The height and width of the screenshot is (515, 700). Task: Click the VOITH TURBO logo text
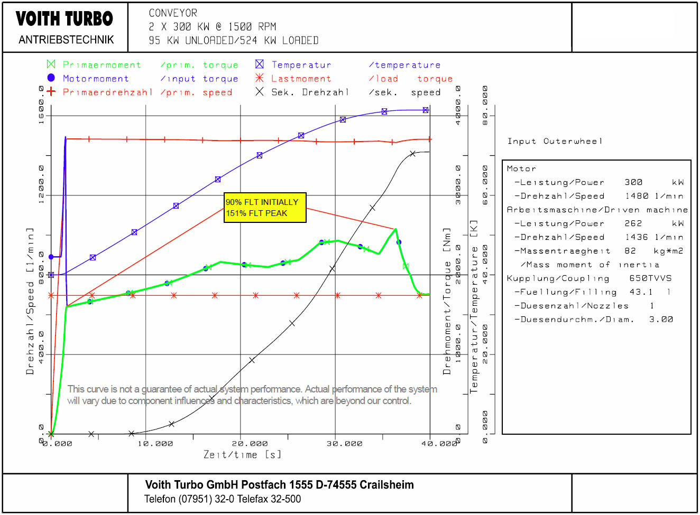(65, 19)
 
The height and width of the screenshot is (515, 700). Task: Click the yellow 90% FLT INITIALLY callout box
(265, 208)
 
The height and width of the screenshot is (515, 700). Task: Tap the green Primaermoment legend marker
(51, 64)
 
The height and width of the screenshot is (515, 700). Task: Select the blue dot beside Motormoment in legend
(51, 78)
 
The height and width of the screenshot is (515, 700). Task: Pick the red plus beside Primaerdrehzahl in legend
(51, 91)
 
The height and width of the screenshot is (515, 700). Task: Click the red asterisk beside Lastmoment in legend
(259, 78)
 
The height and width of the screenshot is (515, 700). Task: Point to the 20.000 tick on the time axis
(250, 444)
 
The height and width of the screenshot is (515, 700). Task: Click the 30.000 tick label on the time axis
(344, 444)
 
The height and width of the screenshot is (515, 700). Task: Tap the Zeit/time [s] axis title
(242, 455)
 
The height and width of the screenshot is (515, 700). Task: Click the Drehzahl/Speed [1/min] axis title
(30, 301)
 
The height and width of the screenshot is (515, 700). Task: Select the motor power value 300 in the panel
(633, 182)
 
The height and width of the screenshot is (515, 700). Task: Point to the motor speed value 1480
(636, 196)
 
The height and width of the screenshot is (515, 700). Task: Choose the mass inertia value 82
(630, 251)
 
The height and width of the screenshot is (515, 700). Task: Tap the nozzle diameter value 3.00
(661, 320)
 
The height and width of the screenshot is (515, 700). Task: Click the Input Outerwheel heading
(555, 141)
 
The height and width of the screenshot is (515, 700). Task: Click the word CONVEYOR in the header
(173, 13)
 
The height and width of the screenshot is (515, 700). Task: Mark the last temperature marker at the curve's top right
(426, 110)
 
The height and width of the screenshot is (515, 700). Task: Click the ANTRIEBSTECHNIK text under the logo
(66, 40)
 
